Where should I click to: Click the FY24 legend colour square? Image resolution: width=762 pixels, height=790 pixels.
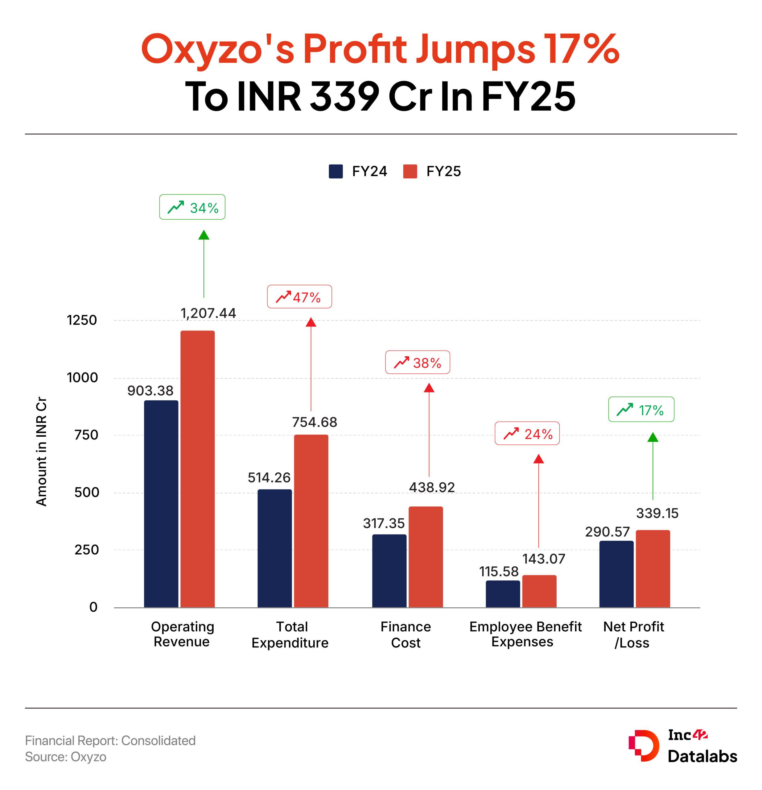coord(336,171)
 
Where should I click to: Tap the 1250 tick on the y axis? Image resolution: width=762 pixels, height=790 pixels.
coord(82,320)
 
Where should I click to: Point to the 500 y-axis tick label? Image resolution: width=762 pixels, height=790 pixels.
coord(86,493)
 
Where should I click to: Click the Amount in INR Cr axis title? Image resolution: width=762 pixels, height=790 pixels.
coord(42,451)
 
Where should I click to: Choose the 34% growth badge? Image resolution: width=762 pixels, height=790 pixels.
coord(192,207)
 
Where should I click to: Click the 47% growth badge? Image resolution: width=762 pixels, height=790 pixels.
coord(299,297)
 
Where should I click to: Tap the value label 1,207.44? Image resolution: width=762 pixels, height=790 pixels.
coord(208,313)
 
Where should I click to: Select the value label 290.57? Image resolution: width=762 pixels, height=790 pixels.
coord(607,532)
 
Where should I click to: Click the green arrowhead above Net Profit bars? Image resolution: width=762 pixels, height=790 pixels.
coord(653,437)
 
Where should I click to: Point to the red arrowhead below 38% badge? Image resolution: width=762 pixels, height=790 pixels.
coord(429,388)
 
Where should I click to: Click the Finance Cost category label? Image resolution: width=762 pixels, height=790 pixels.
coord(406,634)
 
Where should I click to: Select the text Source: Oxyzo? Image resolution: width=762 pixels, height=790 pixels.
coord(66,757)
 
